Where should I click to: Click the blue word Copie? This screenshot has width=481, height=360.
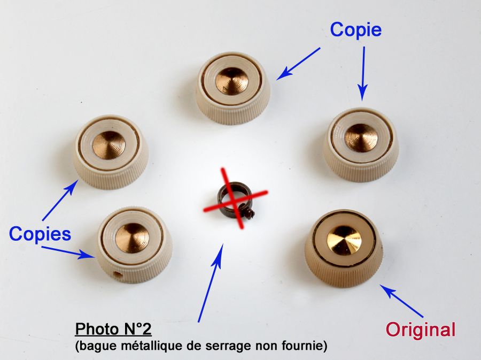click(x=356, y=30)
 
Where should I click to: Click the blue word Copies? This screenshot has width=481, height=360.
click(x=40, y=234)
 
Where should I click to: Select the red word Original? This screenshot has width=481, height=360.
click(x=421, y=330)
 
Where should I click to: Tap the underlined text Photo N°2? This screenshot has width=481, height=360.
click(x=113, y=330)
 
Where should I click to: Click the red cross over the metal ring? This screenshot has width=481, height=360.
click(x=235, y=198)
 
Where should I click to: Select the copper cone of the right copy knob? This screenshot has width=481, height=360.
click(x=361, y=138)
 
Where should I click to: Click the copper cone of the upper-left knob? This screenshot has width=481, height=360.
click(x=109, y=145)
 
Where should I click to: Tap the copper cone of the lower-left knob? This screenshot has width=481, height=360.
click(x=132, y=238)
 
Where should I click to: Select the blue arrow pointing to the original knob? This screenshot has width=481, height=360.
click(x=402, y=301)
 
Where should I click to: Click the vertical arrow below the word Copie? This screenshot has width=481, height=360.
click(x=363, y=74)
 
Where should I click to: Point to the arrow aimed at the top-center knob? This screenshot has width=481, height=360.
click(x=298, y=64)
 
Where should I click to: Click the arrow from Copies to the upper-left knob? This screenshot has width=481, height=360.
click(x=60, y=200)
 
